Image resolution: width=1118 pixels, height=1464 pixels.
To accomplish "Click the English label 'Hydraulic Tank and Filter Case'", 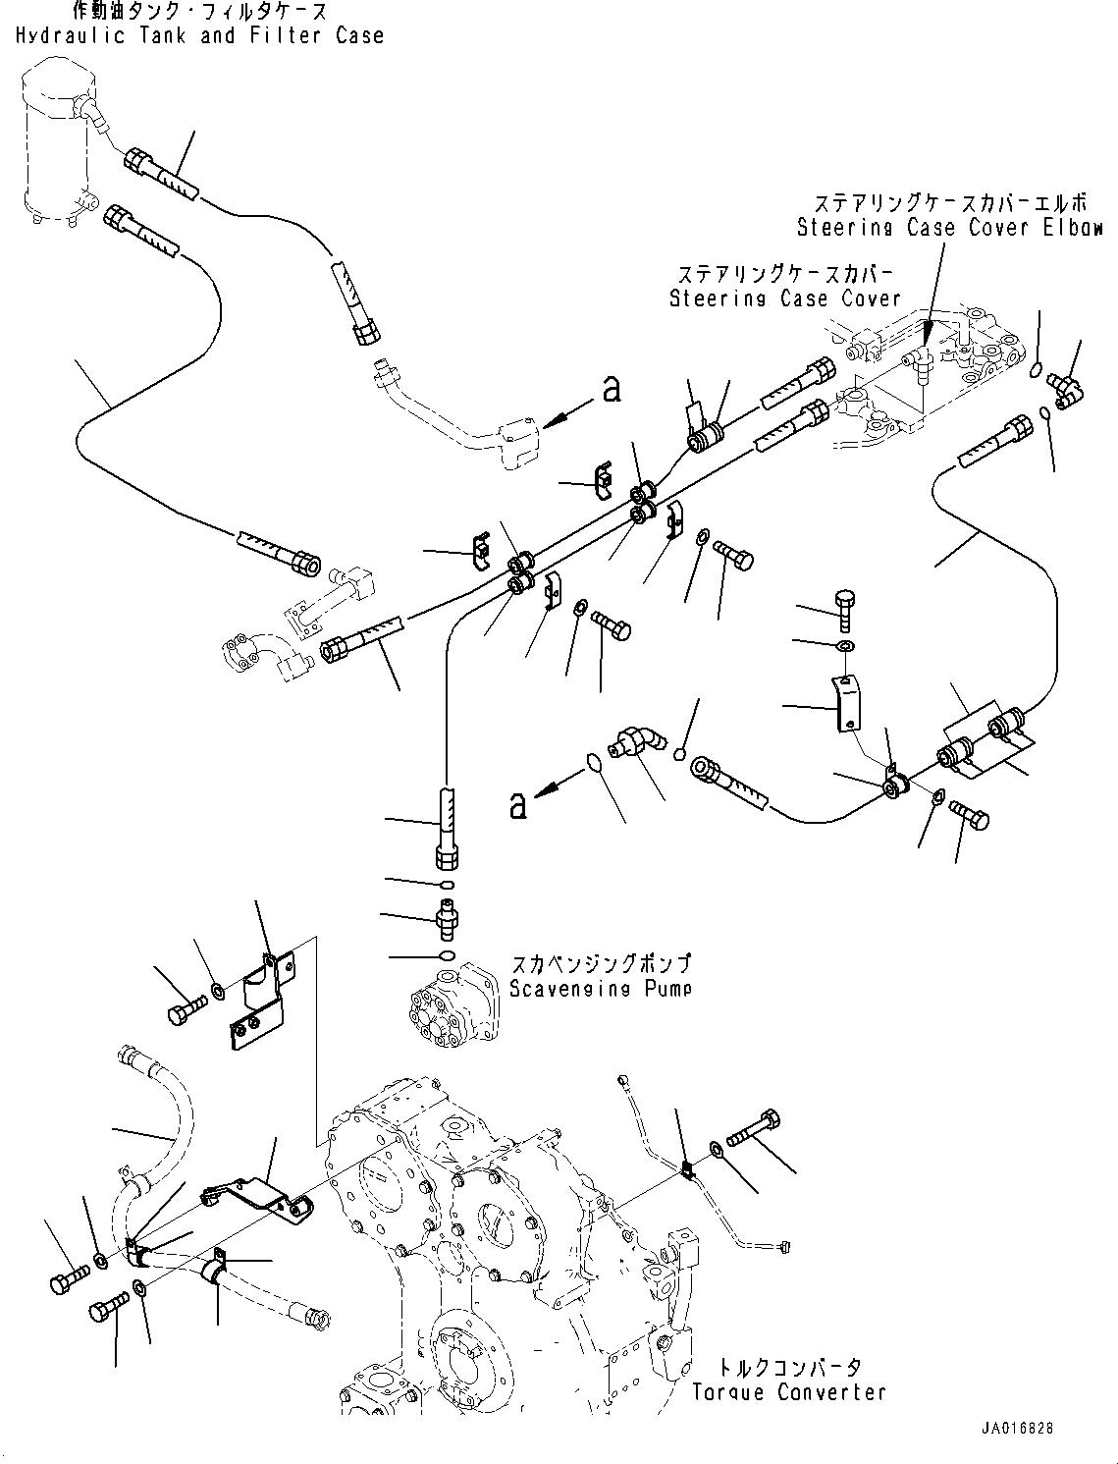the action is pyautogui.click(x=199, y=35).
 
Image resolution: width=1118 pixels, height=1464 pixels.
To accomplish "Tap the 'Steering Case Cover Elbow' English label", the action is pyautogui.click(x=950, y=228).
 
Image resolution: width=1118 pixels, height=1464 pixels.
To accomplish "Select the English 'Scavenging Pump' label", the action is pyautogui.click(x=601, y=988).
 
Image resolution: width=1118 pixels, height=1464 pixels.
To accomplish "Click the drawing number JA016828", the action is pyautogui.click(x=1017, y=1428).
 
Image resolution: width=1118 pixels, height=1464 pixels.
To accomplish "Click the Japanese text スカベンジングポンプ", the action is pyautogui.click(x=601, y=964).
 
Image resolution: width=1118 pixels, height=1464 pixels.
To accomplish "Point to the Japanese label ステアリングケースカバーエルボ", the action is pyautogui.click(x=951, y=202).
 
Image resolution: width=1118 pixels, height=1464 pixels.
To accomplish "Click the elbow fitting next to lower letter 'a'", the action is pyautogui.click(x=636, y=740).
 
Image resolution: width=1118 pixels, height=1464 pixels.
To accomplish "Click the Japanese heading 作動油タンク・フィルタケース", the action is pyautogui.click(x=200, y=11).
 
